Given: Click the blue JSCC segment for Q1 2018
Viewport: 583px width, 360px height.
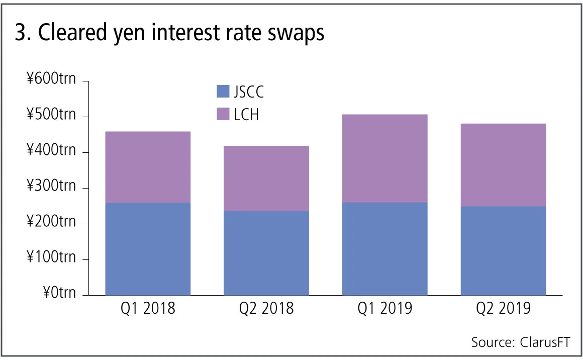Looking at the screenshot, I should click(148, 249).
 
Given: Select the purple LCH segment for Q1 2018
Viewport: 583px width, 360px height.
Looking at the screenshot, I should click(148, 167).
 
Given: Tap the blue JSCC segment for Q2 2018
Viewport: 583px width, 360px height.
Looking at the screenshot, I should click(266, 253).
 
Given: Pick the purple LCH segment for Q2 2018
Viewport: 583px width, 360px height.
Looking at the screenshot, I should click(266, 178).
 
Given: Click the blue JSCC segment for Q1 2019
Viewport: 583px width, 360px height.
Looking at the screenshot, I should click(385, 249).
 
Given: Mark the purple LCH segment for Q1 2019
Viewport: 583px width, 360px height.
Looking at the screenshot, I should click(385, 158).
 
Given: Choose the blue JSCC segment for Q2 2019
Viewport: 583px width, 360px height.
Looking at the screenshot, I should click(503, 250).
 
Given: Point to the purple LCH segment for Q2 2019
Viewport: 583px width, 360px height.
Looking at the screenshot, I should click(503, 165).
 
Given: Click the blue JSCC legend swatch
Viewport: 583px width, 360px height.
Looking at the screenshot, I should click(222, 92).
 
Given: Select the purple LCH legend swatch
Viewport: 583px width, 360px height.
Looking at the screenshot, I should click(222, 114).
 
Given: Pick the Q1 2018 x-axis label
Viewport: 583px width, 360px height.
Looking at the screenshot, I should click(148, 308).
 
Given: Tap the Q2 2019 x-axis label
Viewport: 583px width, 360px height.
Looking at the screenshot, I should click(503, 308).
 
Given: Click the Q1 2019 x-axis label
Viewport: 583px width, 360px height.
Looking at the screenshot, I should click(385, 308).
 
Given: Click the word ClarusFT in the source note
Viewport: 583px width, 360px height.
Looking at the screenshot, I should click(542, 342).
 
